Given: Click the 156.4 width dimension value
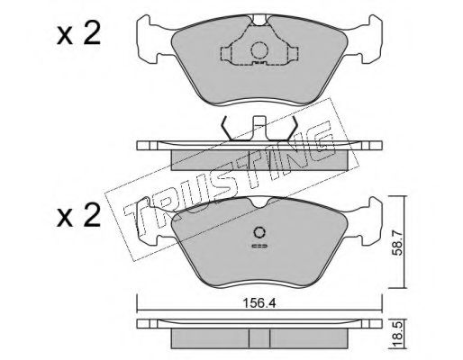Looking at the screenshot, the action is [x=259, y=303].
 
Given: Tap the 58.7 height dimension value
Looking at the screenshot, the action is [x=397, y=242].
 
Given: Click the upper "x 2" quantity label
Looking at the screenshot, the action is [x=78, y=34].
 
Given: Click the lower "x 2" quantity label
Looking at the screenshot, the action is [x=78, y=215].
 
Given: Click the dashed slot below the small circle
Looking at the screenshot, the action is [x=259, y=246].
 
